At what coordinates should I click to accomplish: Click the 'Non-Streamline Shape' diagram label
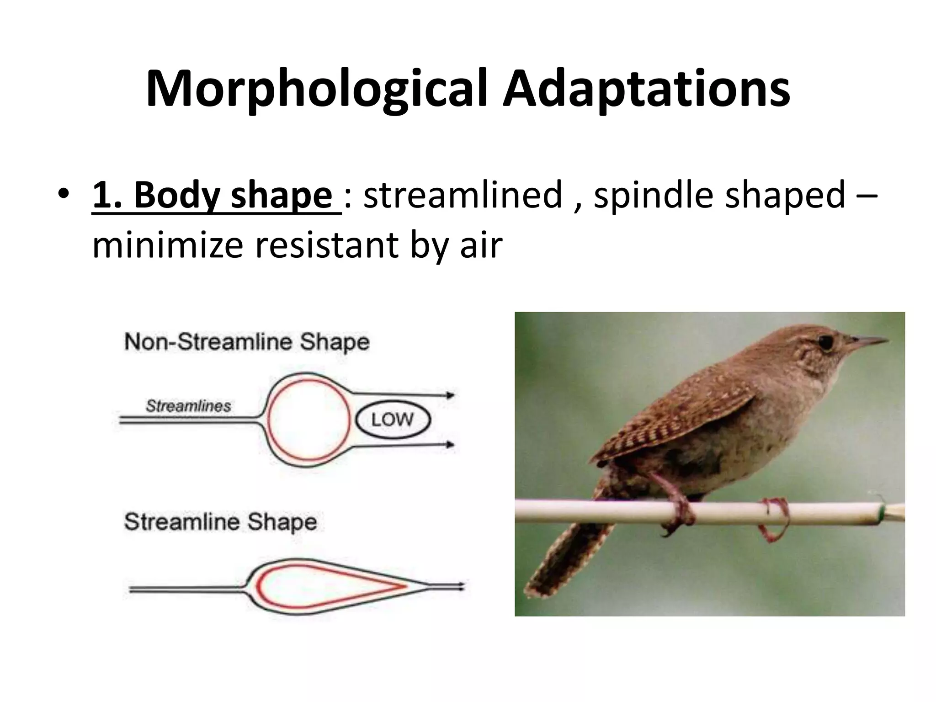point(247,342)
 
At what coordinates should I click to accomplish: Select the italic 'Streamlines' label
point(188,406)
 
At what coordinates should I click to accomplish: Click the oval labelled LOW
point(393,420)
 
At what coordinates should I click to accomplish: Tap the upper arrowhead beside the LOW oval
point(451,395)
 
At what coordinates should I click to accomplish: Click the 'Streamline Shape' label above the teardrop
point(220,521)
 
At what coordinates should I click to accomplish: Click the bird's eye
point(825,342)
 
